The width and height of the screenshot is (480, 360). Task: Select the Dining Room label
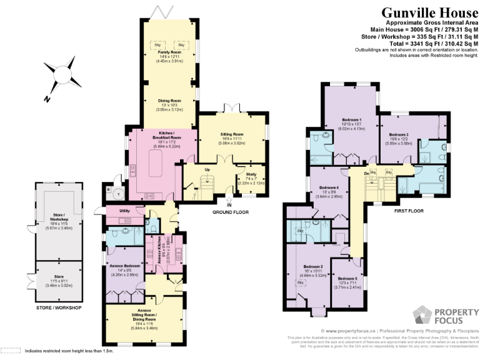(168, 100)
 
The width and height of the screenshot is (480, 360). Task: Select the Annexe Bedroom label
(124, 266)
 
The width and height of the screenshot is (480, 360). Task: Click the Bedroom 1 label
(351, 119)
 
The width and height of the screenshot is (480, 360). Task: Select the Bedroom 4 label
(329, 188)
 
